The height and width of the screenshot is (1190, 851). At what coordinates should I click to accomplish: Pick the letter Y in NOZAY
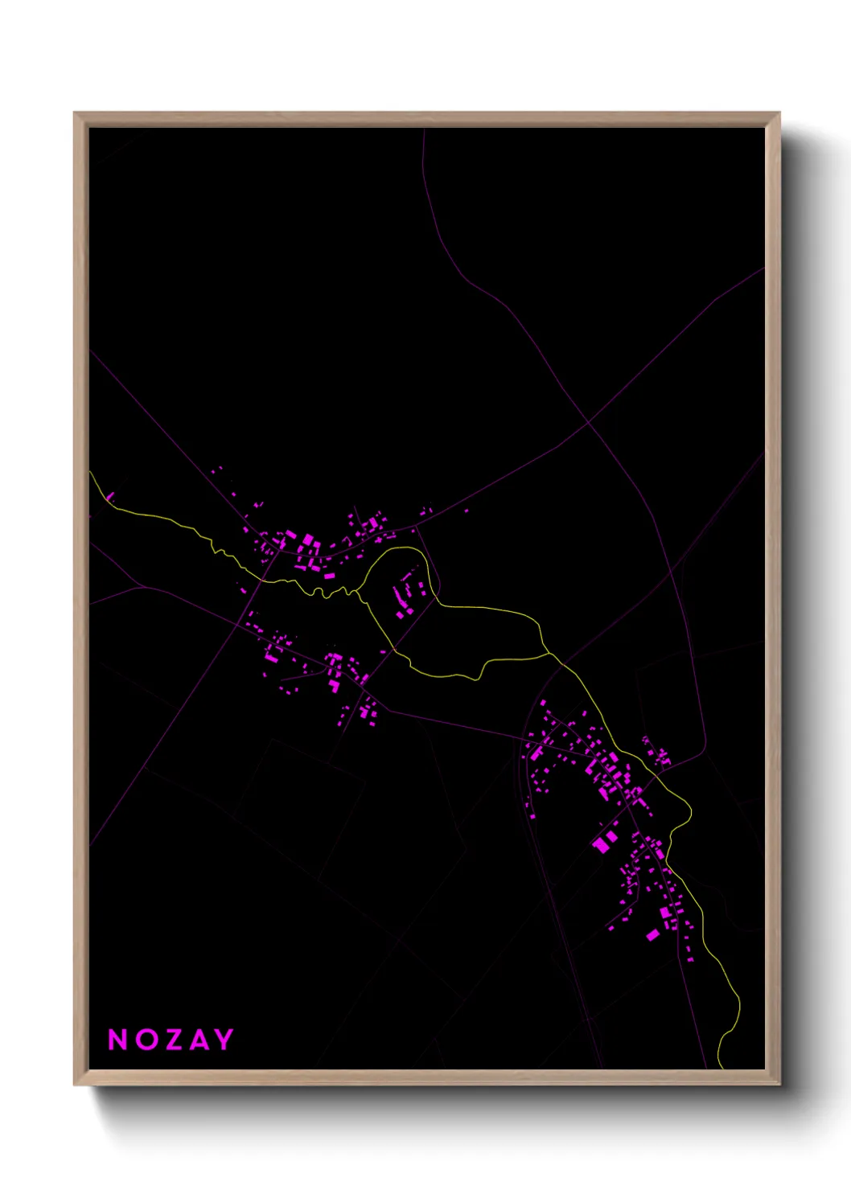[224, 1040]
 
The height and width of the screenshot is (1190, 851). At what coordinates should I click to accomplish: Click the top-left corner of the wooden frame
[75, 113]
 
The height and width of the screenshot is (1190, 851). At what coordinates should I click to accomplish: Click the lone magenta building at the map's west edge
[110, 496]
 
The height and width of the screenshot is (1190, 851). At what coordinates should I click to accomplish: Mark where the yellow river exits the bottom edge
[722, 1068]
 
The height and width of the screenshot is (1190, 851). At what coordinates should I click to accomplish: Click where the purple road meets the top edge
[423, 129]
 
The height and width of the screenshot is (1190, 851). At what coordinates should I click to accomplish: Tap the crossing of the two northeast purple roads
[588, 421]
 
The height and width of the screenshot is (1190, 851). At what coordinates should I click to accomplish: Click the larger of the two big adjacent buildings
[600, 844]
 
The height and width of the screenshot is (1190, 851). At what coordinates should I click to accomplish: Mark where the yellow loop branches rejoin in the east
[549, 654]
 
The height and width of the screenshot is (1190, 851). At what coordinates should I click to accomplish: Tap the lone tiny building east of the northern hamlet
[466, 511]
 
